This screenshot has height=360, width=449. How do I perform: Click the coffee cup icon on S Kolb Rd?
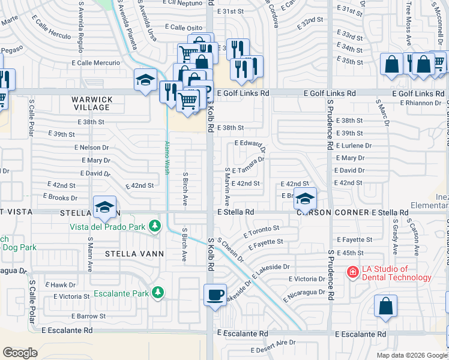click(215, 295)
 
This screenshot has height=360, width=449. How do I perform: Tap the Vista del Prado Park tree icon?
click(155, 226)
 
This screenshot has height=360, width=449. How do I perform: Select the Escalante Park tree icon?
click(158, 292)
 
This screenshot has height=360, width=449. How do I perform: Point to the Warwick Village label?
click(92, 103)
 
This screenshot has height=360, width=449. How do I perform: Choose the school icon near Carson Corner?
click(305, 199)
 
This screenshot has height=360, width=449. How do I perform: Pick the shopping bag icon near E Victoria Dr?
click(385, 305)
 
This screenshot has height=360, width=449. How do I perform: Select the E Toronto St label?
click(261, 230)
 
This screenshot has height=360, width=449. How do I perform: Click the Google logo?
click(20, 353)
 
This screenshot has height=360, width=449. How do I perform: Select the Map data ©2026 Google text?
click(411, 355)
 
